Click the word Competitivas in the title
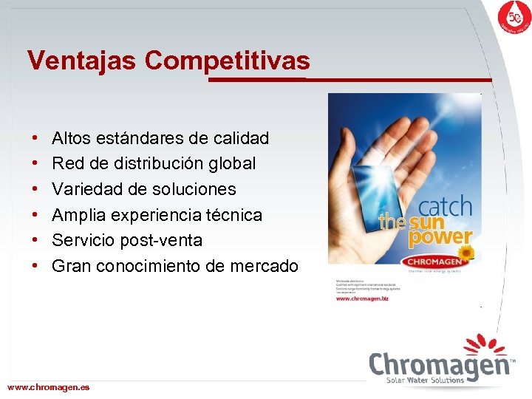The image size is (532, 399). [228, 61]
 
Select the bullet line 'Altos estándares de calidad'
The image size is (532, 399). [160, 138]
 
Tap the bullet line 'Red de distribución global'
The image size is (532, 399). [154, 163]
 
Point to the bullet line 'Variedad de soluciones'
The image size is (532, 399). [144, 189]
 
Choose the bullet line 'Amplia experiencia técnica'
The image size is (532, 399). [157, 215]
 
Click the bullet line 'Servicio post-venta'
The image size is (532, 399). [127, 240]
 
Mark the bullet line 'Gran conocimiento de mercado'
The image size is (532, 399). [175, 266]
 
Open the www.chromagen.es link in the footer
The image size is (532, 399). [48, 387]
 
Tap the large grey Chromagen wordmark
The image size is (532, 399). [440, 364]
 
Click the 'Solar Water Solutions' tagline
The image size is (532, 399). [426, 381]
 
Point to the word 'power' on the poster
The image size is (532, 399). [440, 238]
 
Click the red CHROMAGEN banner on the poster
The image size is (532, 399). [432, 261]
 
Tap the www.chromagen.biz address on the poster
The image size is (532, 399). [363, 298]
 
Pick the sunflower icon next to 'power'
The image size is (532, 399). [466, 253]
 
